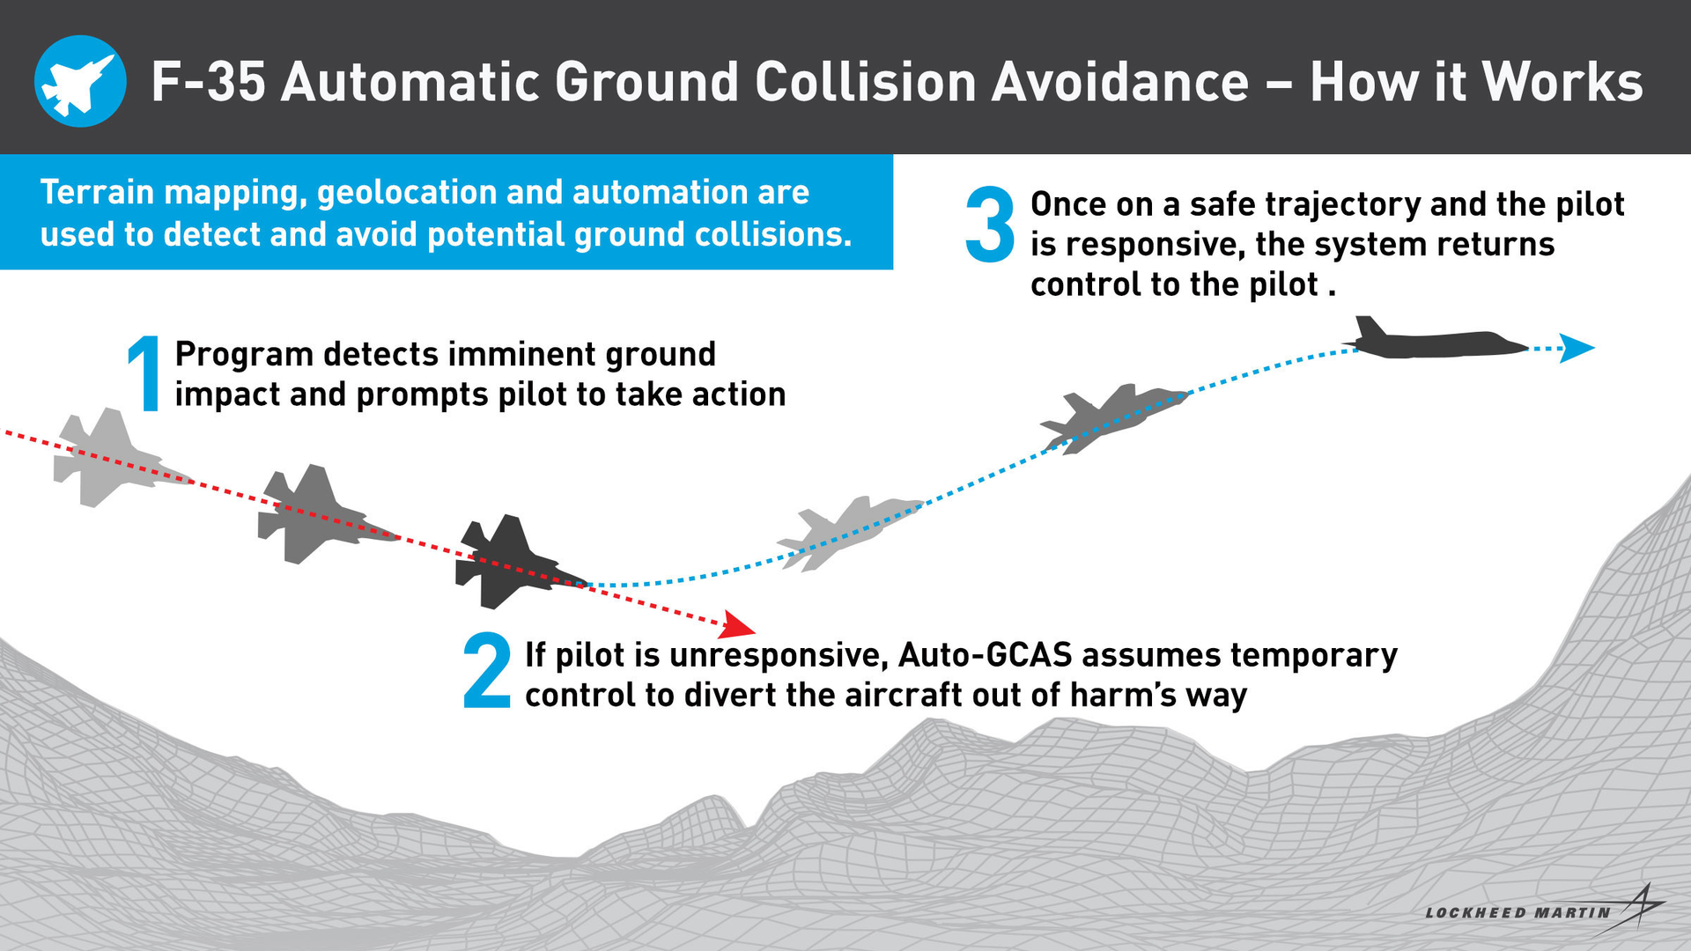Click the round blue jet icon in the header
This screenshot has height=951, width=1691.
(x=80, y=81)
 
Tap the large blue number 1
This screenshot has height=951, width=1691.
(x=145, y=374)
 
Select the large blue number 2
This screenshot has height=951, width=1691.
(x=487, y=671)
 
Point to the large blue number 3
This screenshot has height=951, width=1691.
(x=990, y=225)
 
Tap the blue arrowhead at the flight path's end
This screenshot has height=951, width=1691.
(x=1576, y=348)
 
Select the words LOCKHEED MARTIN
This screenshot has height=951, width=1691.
(x=1517, y=913)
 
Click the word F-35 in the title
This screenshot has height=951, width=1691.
(x=208, y=83)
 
